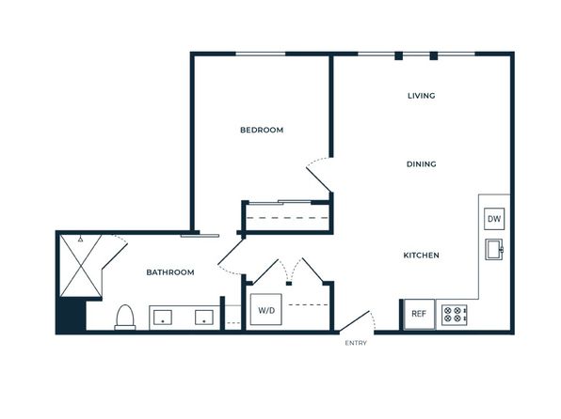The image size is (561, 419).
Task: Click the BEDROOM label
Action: pos(262,130)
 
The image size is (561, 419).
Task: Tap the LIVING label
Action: pos(422,96)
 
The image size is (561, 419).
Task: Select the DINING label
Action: pos(422,164)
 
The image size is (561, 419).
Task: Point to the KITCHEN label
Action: pos(421,256)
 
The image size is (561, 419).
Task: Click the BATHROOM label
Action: pos(170,272)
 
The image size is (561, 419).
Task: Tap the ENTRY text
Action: pos(356,343)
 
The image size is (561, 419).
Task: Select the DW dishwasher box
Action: pos(494,219)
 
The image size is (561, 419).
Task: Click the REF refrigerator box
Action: pos(419,314)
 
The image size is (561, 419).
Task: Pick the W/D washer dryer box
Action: pos(266,310)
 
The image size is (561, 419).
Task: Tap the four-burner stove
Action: pos(454,315)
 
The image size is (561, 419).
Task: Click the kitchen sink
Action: pos(494,249)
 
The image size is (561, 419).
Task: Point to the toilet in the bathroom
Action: pos(125,318)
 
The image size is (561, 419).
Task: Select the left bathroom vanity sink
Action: pos(163,318)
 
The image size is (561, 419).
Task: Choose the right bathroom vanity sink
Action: pos(204,318)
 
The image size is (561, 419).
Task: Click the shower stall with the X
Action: pos(81,266)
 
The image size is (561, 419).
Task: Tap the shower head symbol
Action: pos(81,239)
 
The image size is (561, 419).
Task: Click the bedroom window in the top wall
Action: pos(261,54)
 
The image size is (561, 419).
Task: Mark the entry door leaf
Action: pos(354,320)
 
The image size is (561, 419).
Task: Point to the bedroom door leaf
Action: pos(319,179)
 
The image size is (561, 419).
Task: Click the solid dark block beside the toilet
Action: pos(72,315)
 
